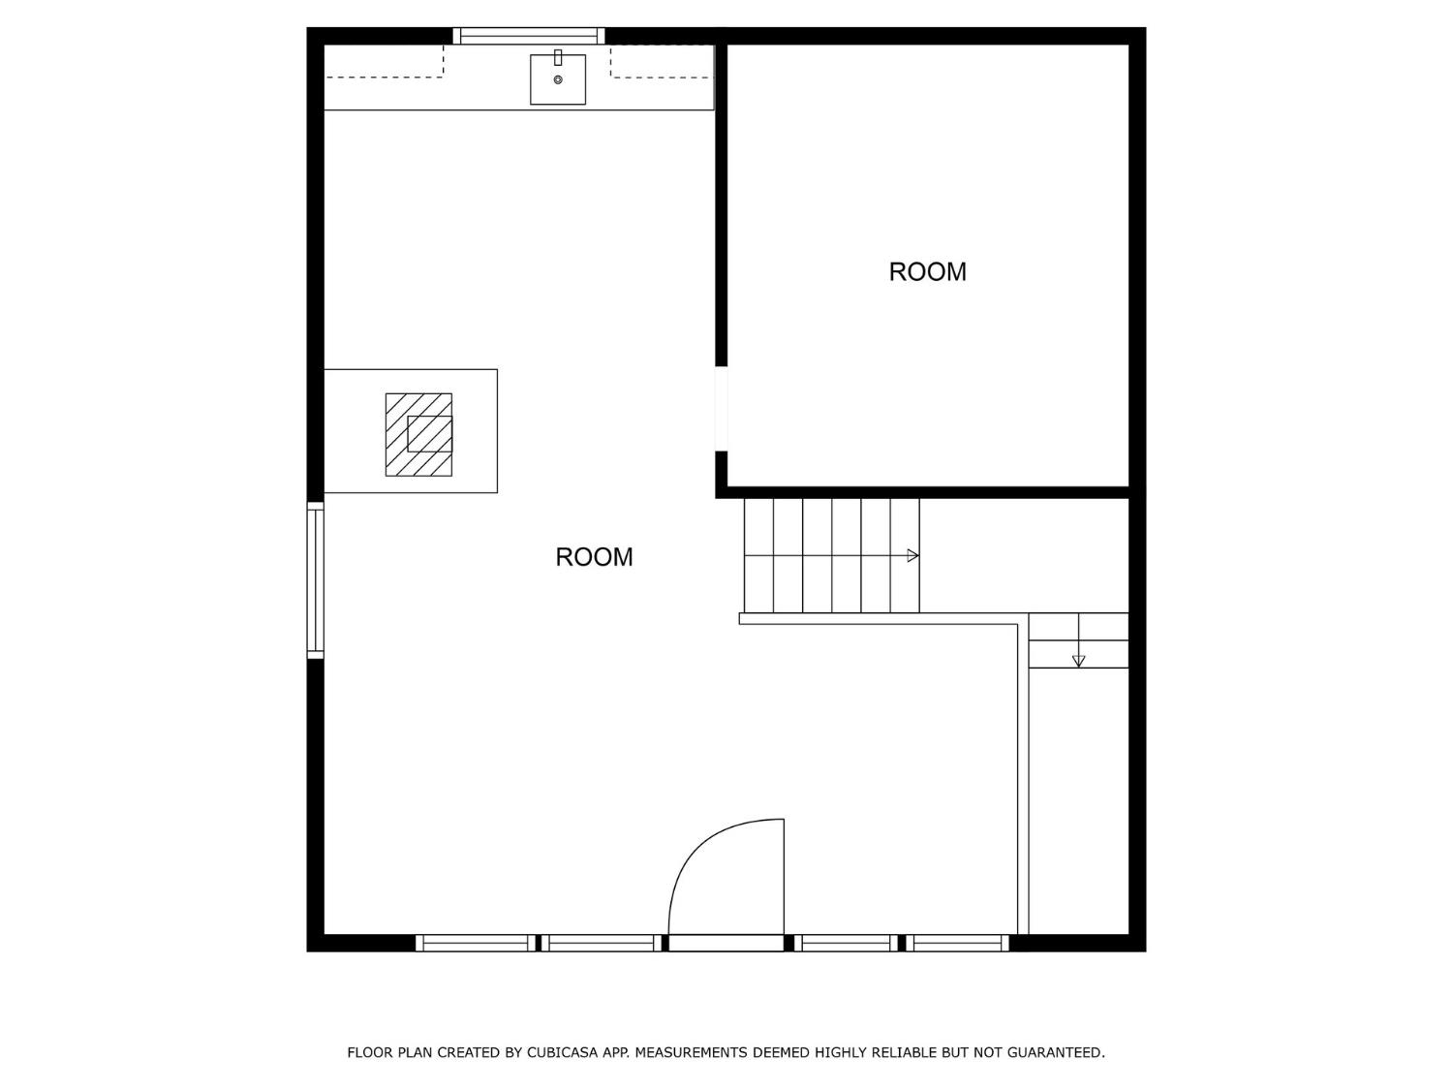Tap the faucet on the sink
pyautogui.click(x=558, y=57)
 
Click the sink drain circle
pyautogui.click(x=558, y=79)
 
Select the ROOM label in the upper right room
pyautogui.click(x=927, y=271)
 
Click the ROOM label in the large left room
pyautogui.click(x=594, y=557)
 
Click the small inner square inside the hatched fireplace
pyautogui.click(x=429, y=434)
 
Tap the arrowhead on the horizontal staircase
pyautogui.click(x=912, y=556)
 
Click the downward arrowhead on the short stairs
pyautogui.click(x=1078, y=661)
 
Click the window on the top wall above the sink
pyautogui.click(x=529, y=36)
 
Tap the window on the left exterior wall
pyautogui.click(x=315, y=579)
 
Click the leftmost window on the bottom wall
pyautogui.click(x=476, y=943)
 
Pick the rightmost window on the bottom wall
pyautogui.click(x=957, y=943)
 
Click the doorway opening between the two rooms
pyautogui.click(x=721, y=409)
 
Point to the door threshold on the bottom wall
pyautogui.click(x=726, y=943)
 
